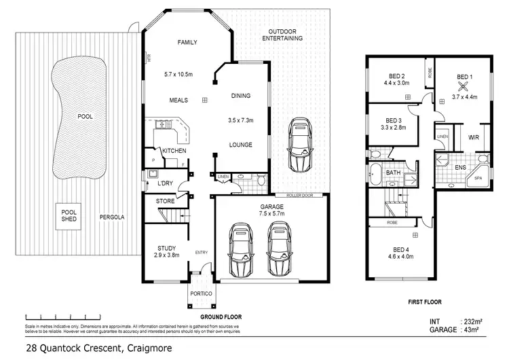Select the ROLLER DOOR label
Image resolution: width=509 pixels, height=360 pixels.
(299, 194)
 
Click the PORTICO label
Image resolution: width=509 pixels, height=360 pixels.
(202, 293)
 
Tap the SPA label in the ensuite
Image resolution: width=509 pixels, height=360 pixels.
(478, 177)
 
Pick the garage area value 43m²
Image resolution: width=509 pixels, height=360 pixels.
(474, 329)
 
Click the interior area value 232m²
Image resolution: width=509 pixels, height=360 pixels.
(475, 321)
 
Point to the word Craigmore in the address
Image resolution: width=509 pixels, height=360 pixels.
(146, 348)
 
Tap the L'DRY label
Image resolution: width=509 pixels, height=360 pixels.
(164, 184)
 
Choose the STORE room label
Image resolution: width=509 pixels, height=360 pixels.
(165, 201)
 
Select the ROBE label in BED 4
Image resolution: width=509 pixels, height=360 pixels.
(392, 222)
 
